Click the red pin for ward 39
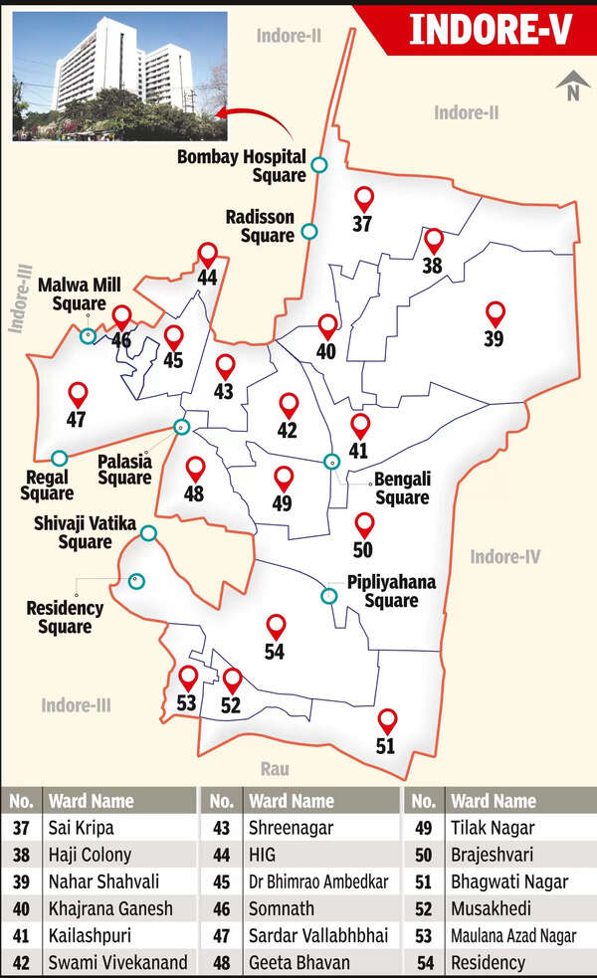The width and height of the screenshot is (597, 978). click(x=495, y=314)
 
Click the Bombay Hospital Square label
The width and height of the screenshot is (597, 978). click(x=242, y=165)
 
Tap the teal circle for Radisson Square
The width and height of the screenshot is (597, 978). click(x=309, y=231)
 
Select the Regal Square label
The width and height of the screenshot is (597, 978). click(x=47, y=485)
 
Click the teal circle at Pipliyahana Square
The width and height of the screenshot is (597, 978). click(x=328, y=596)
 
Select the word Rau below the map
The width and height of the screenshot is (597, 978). click(x=275, y=768)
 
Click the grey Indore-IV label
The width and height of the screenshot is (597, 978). click(x=504, y=556)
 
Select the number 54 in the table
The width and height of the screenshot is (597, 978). click(x=422, y=962)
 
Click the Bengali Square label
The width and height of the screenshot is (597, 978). click(x=402, y=489)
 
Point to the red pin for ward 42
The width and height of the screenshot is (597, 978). click(x=289, y=406)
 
